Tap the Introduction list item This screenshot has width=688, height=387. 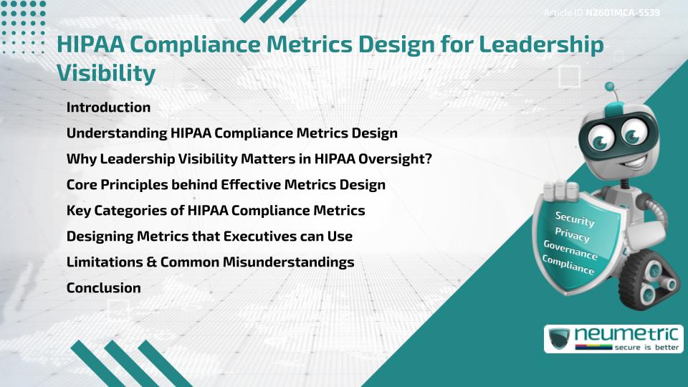click(108, 107)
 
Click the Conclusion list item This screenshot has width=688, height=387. click(103, 288)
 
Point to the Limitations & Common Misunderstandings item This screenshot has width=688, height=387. click(210, 262)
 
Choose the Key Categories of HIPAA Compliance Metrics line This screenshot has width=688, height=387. click(215, 211)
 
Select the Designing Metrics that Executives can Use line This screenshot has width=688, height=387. click(209, 236)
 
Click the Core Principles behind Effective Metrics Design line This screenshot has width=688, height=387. click(225, 185)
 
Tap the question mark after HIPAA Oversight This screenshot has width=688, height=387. click(427, 159)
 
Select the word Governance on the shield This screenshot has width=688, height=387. click(570, 251)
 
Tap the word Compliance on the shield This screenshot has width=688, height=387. click(568, 265)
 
